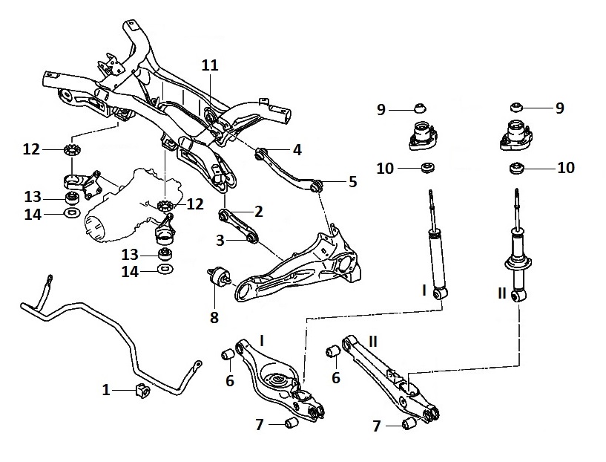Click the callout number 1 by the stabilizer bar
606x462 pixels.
click(x=107, y=388)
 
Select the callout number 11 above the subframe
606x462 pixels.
click(x=211, y=65)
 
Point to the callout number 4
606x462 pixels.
click(x=297, y=149)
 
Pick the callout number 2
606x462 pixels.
click(x=259, y=211)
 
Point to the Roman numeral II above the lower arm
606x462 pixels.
click(x=373, y=341)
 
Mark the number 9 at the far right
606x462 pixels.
click(x=559, y=108)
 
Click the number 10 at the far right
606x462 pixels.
click(x=565, y=168)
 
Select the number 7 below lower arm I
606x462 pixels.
click(x=259, y=424)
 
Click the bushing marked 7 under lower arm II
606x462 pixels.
click(x=408, y=424)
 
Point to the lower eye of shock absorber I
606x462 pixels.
click(x=440, y=294)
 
